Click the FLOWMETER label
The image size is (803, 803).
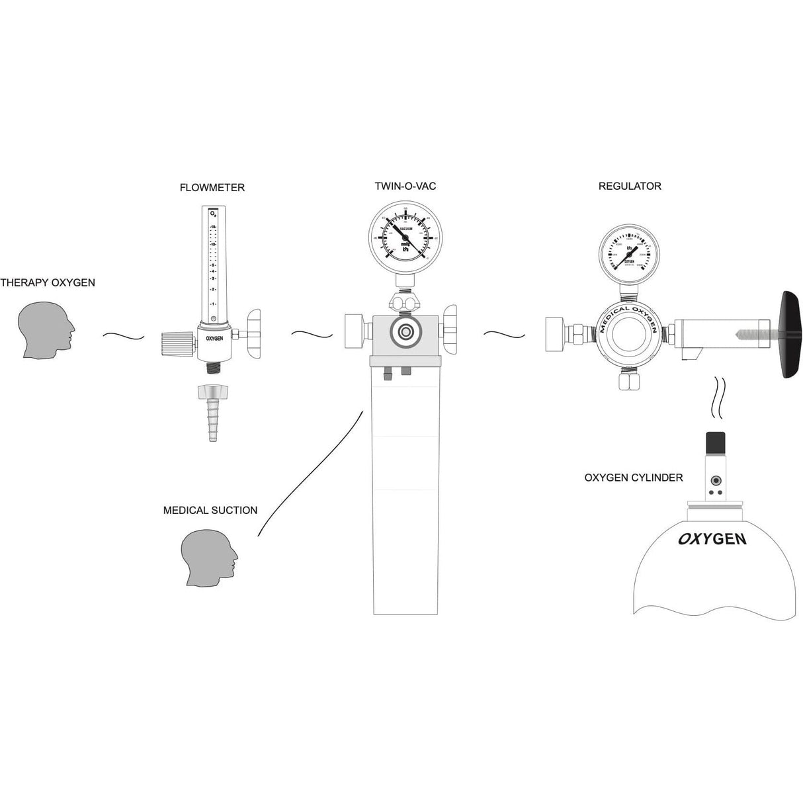[212, 188]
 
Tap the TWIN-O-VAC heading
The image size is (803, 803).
[405, 187]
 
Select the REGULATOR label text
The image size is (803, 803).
[629, 187]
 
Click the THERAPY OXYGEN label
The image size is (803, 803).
[48, 283]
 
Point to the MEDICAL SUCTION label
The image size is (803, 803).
[210, 511]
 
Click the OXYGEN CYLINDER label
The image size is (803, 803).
[633, 478]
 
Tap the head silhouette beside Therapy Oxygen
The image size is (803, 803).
[44, 332]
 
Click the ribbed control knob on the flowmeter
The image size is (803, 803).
[178, 342]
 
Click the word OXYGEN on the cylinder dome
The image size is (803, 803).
[712, 538]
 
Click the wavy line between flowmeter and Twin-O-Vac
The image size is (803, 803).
[312, 335]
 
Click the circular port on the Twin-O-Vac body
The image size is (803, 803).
[405, 332]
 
